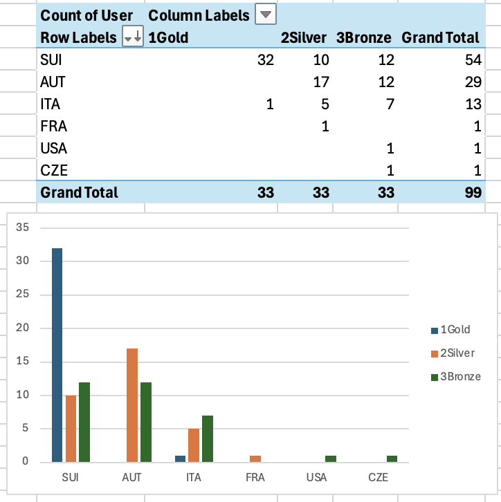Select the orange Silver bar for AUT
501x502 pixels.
(132, 405)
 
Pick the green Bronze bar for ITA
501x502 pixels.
(207, 438)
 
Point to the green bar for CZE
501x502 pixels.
(393, 458)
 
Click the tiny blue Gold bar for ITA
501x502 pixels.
(181, 458)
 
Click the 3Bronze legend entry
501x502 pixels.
(457, 377)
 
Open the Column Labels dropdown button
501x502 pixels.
(265, 15)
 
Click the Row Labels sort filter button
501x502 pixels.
(132, 37)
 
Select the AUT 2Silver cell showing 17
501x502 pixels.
(320, 82)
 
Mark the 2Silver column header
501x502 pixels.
(303, 37)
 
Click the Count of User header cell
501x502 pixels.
(86, 15)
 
